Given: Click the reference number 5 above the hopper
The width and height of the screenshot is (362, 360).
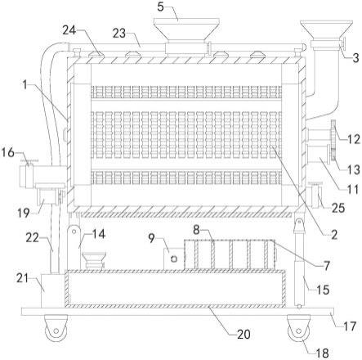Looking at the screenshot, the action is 161,7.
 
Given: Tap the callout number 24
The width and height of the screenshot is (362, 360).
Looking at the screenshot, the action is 69,30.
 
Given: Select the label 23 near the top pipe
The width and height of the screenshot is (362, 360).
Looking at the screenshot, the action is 119,34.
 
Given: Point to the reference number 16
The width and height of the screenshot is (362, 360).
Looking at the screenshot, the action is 7,152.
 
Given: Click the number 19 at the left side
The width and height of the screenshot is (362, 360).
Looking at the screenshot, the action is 24,213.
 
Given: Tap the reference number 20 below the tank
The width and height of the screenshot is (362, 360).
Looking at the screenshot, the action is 244,334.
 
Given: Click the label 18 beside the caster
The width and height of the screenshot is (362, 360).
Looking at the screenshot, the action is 323,353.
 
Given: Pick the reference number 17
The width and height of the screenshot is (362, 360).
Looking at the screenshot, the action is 350,326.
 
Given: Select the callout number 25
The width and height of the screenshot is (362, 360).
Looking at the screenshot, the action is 338,208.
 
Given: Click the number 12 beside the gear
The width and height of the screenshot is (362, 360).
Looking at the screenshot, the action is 354,140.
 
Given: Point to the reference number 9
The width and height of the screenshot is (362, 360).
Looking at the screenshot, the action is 152,238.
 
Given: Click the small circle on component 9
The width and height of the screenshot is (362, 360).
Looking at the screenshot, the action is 173,259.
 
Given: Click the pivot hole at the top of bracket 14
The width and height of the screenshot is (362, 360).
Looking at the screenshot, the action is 74,231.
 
